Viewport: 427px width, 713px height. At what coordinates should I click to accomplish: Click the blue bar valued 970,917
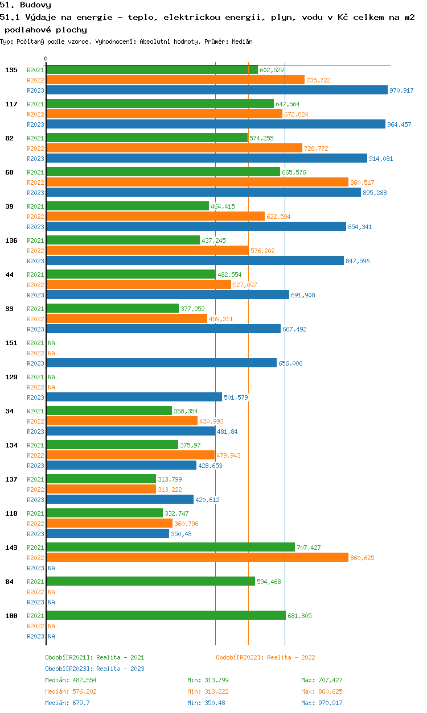tap(217, 90)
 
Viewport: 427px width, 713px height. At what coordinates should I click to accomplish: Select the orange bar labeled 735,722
tap(175, 80)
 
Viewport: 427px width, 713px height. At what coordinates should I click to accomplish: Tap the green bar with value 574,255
tap(147, 138)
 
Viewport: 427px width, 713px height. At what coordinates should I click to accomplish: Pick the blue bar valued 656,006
tap(162, 363)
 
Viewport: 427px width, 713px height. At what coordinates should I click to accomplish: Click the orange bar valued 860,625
tap(197, 557)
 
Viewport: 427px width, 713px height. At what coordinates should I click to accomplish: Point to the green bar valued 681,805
tap(166, 615)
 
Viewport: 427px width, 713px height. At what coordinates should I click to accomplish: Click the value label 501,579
tap(236, 397)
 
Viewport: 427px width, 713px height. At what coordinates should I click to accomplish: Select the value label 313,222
tap(170, 490)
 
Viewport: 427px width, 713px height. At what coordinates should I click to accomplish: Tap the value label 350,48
tap(181, 534)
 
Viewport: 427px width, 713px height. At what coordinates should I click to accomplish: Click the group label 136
tap(11, 241)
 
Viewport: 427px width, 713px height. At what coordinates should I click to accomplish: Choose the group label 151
tap(11, 343)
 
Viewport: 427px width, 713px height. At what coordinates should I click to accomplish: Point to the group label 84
tap(10, 582)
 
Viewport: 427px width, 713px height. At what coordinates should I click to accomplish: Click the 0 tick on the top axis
tap(46, 59)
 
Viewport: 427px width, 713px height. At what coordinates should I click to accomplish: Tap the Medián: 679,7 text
tap(67, 703)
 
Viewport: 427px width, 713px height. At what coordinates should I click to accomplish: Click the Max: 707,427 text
tap(322, 680)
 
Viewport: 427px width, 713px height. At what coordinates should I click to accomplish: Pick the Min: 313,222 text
tap(208, 691)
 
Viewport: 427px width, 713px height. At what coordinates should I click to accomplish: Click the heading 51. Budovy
tap(26, 5)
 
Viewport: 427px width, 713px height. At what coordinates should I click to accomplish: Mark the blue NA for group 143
tap(51, 568)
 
